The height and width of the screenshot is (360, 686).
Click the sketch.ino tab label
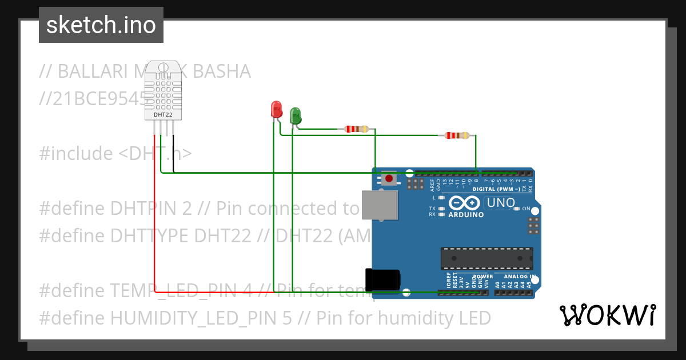pyautogui.click(x=101, y=25)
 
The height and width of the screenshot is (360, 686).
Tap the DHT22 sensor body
pyautogui.click(x=163, y=90)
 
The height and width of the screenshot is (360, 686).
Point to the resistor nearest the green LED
pyautogui.click(x=357, y=129)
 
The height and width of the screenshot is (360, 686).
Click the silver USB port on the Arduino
pyautogui.click(x=380, y=205)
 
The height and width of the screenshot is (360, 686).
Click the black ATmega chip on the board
pyautogui.click(x=486, y=258)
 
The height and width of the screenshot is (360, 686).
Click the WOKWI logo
pyautogui.click(x=607, y=315)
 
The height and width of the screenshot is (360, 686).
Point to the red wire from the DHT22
pyautogui.click(x=155, y=229)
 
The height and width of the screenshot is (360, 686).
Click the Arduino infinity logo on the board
pyautogui.click(x=464, y=203)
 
